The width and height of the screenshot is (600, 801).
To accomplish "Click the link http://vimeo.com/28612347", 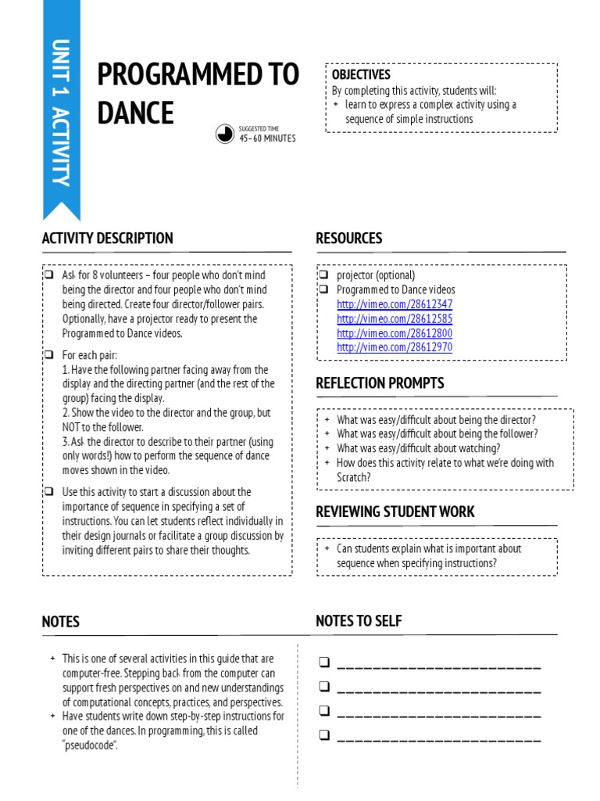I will point(395,304).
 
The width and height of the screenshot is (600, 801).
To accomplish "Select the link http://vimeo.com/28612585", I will point(395,319).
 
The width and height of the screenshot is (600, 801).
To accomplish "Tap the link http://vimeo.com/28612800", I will point(395,333).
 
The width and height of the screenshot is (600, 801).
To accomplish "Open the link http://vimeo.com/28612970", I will point(395,347).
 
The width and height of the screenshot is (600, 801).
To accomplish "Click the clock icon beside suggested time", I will point(225,134).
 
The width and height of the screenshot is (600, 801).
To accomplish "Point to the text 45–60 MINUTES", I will point(267,138).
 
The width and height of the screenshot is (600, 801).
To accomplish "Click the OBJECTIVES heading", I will point(361,75).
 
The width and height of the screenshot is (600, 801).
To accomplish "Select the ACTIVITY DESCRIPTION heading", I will point(107,239).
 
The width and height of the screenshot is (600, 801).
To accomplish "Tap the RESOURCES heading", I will point(348,239).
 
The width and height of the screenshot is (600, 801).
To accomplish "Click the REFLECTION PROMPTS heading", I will point(380,383).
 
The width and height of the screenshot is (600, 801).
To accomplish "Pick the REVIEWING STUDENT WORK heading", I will point(395,512).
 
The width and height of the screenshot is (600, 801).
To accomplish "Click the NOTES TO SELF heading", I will point(359,621).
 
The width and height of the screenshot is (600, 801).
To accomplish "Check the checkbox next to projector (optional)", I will point(323,275).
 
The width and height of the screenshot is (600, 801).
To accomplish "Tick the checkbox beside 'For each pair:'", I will point(48,355).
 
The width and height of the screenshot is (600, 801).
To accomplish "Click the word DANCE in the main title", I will point(135,113).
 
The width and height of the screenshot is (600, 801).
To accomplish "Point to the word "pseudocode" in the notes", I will point(90,745).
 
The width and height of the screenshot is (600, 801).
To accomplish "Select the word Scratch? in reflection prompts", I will point(354,477).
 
